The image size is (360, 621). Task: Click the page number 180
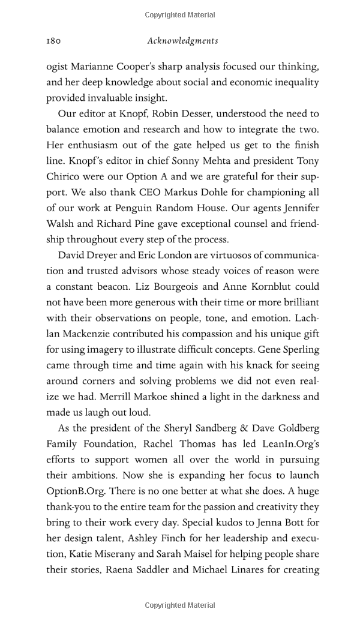click(x=54, y=41)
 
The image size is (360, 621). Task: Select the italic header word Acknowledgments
click(x=182, y=41)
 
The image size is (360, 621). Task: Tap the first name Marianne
click(x=98, y=66)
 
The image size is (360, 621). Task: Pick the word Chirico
click(x=66, y=176)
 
